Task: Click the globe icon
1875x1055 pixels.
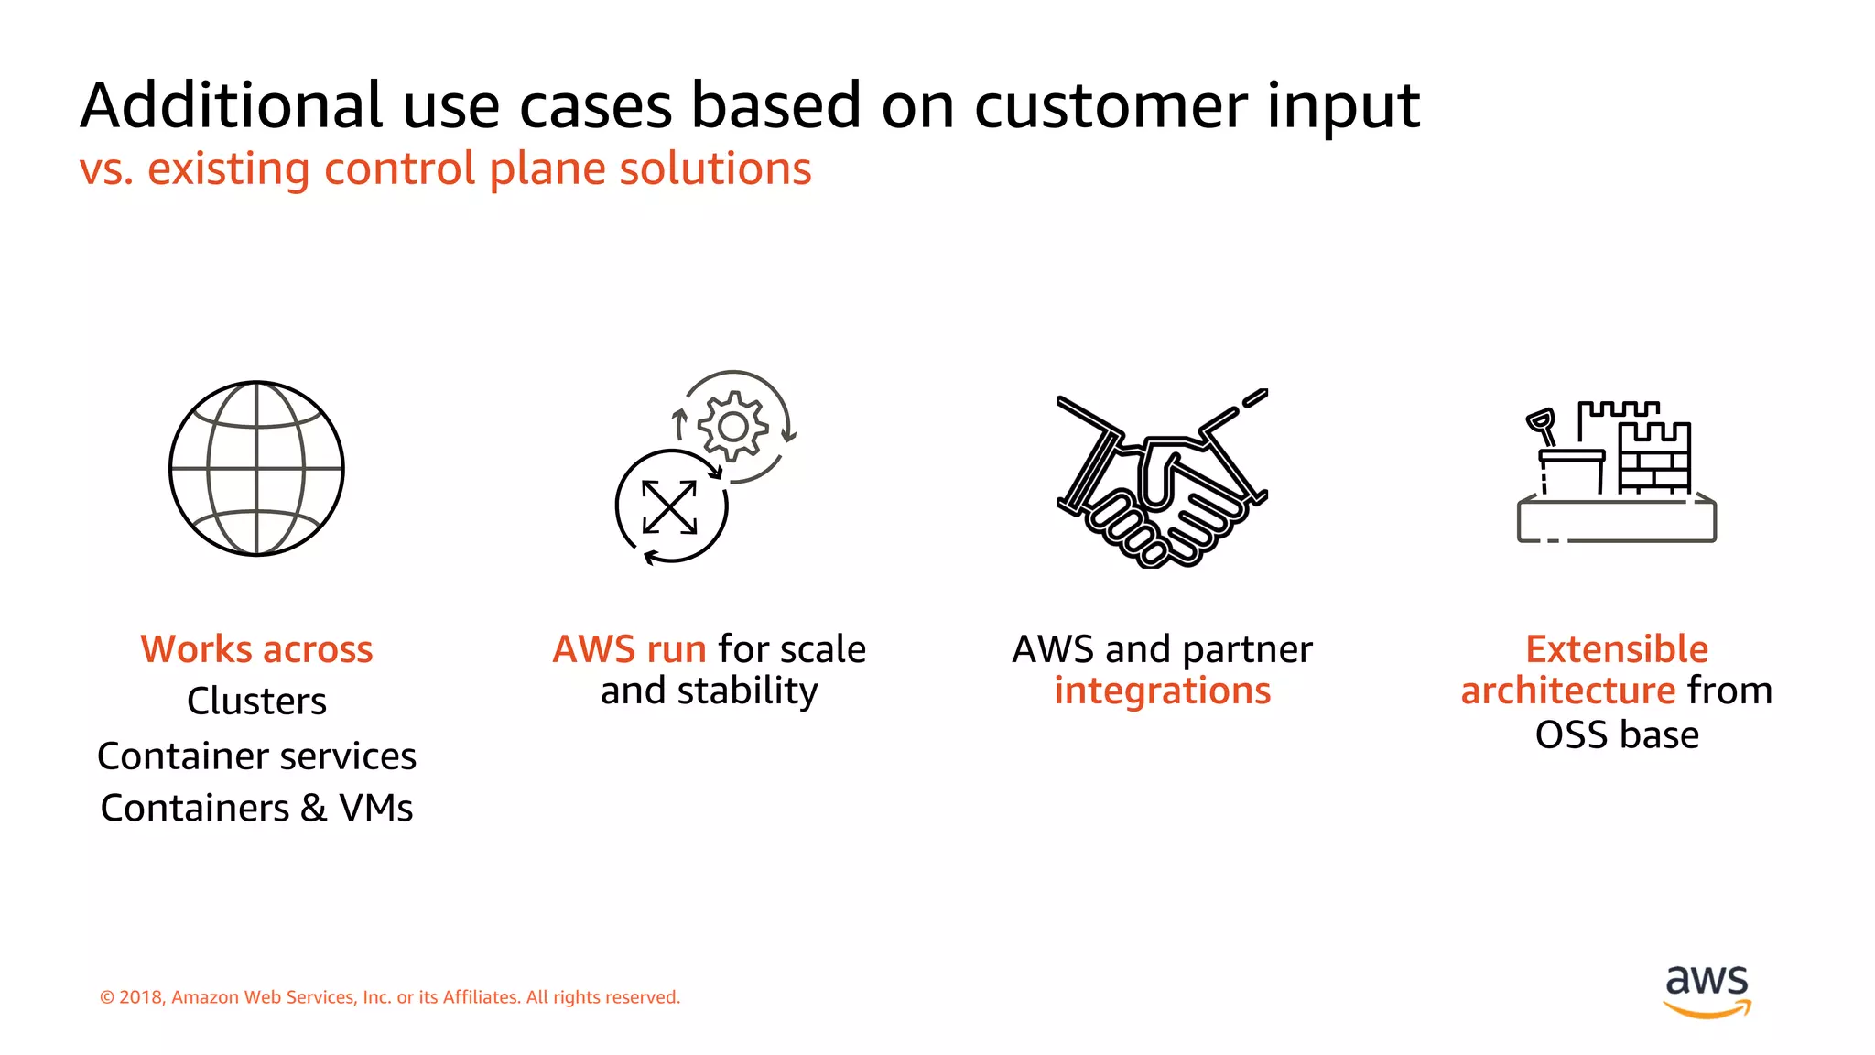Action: pos(256,468)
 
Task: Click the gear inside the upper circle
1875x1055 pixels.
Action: pos(732,427)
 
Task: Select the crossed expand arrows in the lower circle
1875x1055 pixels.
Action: pos(669,506)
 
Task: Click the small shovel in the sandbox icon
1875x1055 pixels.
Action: pos(1542,427)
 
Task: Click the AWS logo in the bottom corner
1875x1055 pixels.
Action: pos(1707,990)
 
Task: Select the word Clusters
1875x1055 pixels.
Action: pos(256,702)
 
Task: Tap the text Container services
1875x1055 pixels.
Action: pos(256,756)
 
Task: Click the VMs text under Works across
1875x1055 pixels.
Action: pos(375,809)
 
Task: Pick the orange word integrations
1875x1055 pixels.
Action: pos(1162,691)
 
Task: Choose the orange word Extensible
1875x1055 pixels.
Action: pos(1617,649)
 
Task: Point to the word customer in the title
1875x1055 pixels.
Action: pos(1111,106)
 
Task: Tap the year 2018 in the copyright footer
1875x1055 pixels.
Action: pos(140,997)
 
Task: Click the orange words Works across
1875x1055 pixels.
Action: pos(256,649)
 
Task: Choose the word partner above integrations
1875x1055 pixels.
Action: pos(1247,650)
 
